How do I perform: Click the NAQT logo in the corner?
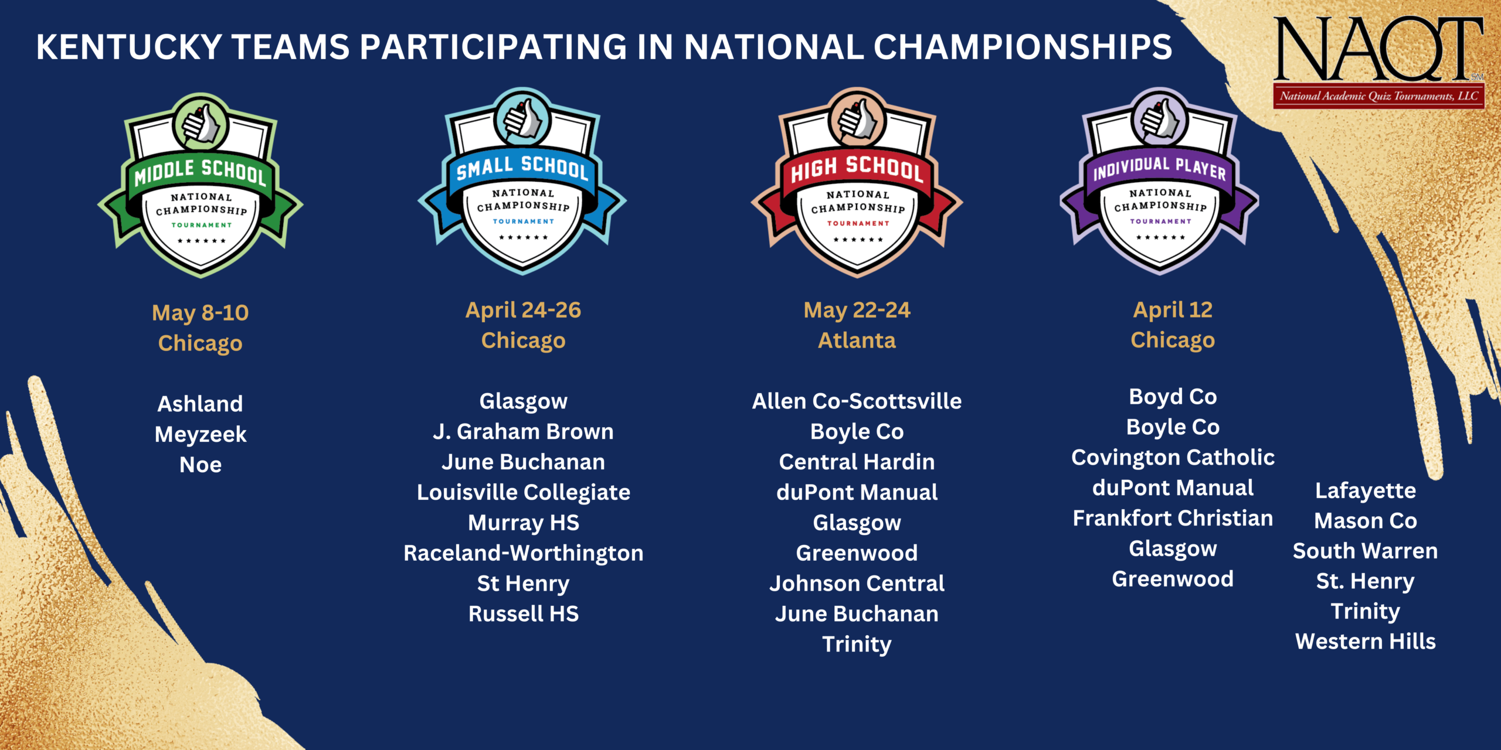[x=1378, y=62]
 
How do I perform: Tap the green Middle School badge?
[x=201, y=185]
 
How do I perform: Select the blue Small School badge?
[x=522, y=182]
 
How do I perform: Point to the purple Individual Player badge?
[x=1160, y=182]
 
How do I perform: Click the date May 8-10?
[x=201, y=312]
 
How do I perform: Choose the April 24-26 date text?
[x=523, y=310]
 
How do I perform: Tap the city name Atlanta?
[x=857, y=340]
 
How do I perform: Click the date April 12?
[x=1173, y=309]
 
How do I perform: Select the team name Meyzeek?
[x=201, y=434]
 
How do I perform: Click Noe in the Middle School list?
[x=201, y=465]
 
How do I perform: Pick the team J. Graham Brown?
[x=523, y=432]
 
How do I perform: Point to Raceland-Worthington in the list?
[x=523, y=553]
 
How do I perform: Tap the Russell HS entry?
[x=523, y=614]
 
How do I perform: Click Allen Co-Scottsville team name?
[x=857, y=401]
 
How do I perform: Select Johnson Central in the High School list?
[x=857, y=584]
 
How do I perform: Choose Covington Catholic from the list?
[x=1173, y=458]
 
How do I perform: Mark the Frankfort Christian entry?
[x=1173, y=519]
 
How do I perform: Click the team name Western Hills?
[x=1366, y=642]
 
